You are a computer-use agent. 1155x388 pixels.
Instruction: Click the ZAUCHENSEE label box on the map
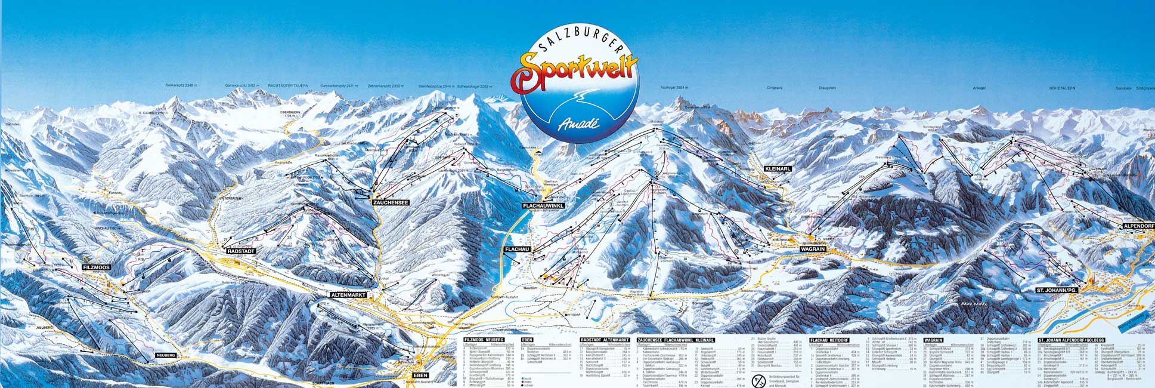(x=391, y=203)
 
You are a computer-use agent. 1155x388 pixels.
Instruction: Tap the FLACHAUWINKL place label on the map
(x=543, y=205)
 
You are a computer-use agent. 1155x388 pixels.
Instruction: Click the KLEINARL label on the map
(x=777, y=169)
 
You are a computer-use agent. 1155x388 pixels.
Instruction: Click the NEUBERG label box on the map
(x=166, y=355)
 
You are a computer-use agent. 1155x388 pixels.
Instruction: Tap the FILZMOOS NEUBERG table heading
(x=484, y=340)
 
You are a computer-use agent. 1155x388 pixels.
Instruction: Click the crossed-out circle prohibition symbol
(x=759, y=380)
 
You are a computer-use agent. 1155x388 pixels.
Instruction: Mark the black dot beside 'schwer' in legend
(x=522, y=386)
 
